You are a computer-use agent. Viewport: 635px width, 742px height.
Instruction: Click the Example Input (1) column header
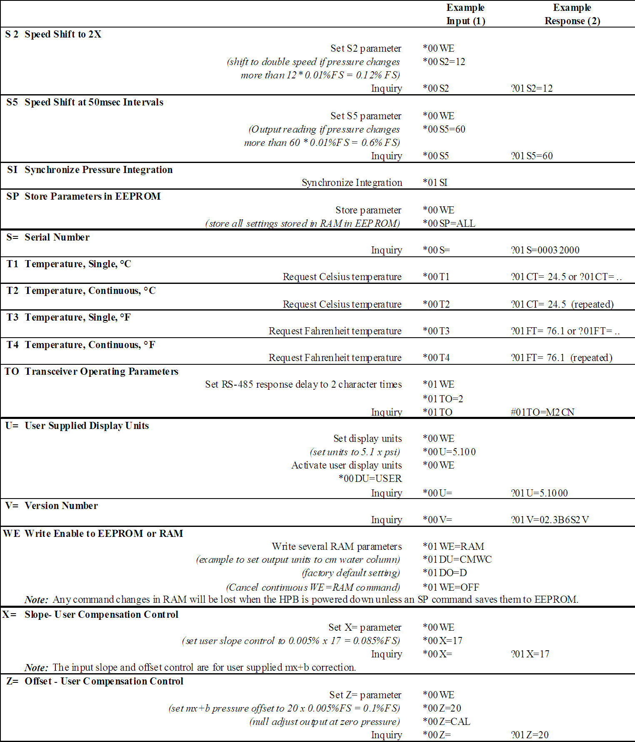[465, 14]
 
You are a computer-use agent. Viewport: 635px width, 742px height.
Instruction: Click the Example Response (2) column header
[572, 14]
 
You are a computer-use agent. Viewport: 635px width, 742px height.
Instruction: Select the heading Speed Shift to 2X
[63, 34]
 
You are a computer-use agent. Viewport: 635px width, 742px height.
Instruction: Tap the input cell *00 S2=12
[444, 62]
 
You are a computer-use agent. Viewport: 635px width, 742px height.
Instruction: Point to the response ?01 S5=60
[532, 156]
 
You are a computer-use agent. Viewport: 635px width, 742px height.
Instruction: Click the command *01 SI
[435, 183]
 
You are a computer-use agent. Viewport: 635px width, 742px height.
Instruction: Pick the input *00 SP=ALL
[449, 223]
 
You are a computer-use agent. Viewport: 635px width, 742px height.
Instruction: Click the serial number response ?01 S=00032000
[545, 250]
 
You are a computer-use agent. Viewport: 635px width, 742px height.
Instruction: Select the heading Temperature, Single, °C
[78, 264]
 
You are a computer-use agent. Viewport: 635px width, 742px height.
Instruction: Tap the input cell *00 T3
[436, 331]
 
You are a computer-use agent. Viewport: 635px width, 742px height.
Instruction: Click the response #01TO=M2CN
[542, 412]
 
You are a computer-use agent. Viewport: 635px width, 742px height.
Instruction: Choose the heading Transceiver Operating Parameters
[102, 371]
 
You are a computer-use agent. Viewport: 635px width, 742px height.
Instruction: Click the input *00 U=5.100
[449, 452]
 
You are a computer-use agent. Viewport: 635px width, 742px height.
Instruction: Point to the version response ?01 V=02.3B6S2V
[550, 520]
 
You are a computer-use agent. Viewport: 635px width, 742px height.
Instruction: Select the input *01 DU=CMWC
[457, 559]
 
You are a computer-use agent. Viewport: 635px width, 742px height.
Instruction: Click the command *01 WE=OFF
[451, 587]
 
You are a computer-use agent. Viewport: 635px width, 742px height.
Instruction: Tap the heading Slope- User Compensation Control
[101, 614]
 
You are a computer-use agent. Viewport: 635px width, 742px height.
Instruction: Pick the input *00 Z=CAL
[446, 722]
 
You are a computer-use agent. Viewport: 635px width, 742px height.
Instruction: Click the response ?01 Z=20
[530, 735]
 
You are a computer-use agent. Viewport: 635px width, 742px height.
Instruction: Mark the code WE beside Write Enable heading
[11, 534]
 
